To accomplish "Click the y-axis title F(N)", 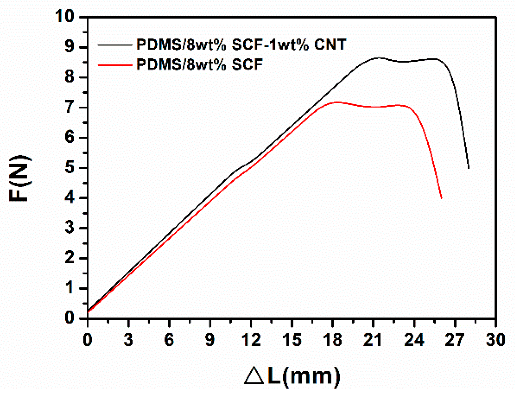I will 20,178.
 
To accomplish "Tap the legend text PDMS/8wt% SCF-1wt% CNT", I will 241,45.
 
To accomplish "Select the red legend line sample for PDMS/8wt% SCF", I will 115,65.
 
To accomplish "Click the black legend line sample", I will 115,45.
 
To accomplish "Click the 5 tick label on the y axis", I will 70,168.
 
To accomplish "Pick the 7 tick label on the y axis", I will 70,108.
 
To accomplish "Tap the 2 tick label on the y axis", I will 70,258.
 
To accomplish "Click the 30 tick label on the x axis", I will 495,340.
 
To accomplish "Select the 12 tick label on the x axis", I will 251,340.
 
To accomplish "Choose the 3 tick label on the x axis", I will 128,340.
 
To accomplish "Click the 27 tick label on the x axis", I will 455,340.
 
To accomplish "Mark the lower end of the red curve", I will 441,198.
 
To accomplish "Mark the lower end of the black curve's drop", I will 468,168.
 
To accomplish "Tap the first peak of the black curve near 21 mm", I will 379,58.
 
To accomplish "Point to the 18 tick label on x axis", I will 332,340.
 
